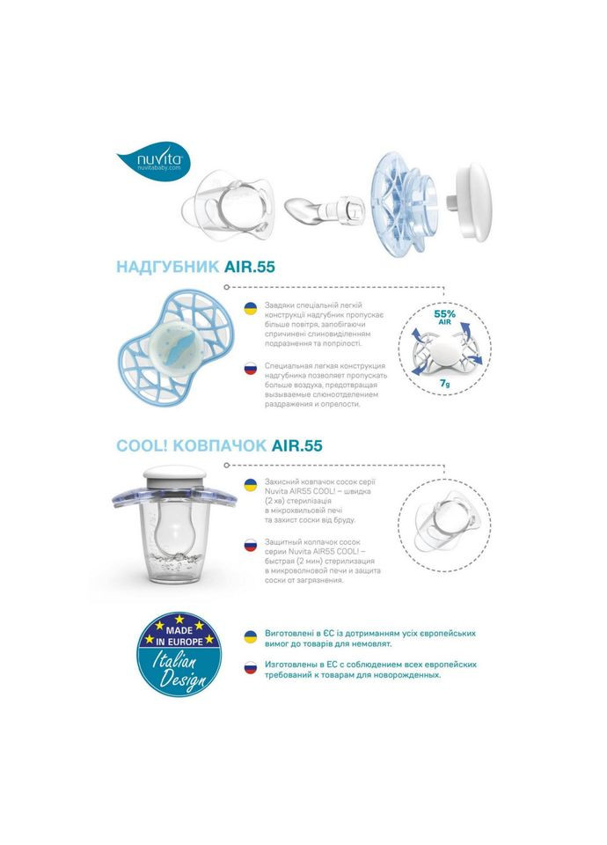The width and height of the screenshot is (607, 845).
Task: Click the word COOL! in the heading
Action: pos(142,445)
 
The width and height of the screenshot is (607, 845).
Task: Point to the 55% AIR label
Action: pos(445,316)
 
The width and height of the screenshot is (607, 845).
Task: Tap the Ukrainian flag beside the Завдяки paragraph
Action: pos(251,309)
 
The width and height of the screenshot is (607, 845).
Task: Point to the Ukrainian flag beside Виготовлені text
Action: pos(251,635)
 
